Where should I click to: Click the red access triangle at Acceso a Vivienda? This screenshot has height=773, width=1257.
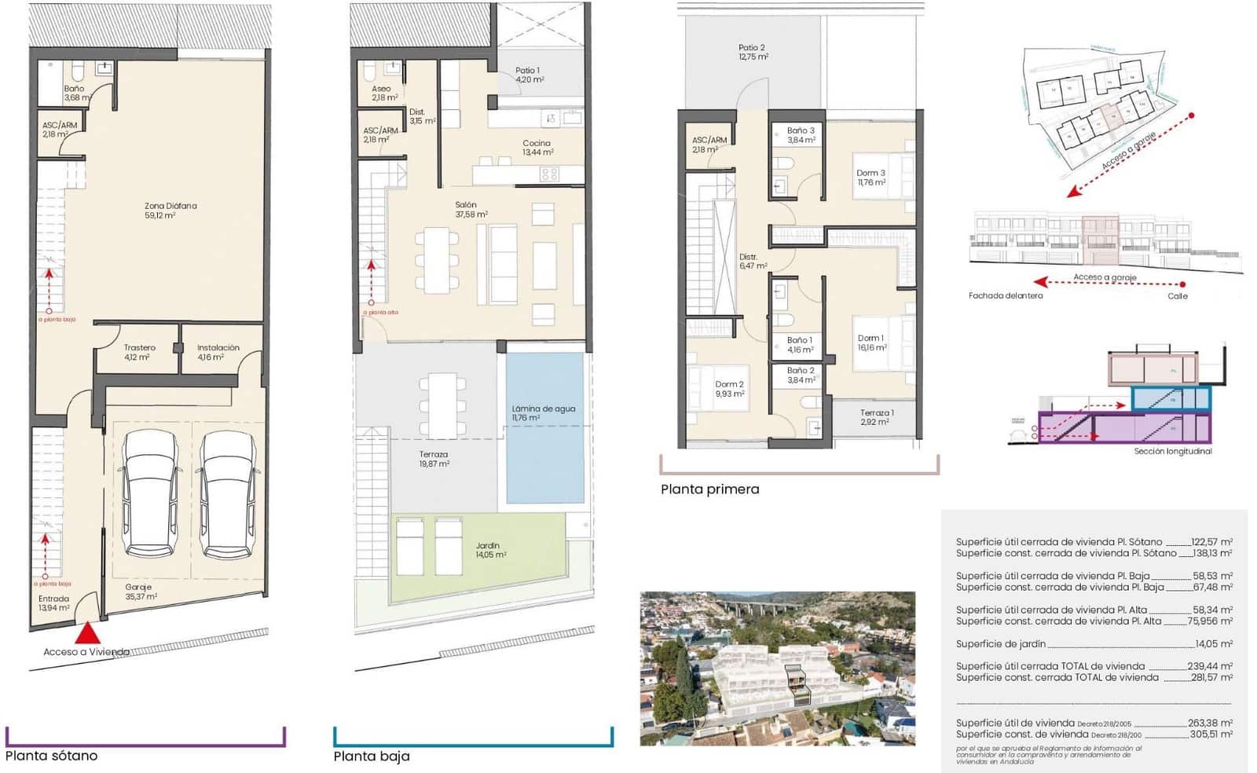click(88, 634)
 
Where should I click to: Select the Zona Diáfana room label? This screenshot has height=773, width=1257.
click(170, 210)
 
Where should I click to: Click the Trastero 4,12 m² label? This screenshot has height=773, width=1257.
click(139, 352)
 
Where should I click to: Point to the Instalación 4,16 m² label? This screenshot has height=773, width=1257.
click(218, 352)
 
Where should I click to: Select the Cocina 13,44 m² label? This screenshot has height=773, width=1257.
click(537, 148)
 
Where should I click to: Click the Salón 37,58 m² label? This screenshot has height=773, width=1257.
click(471, 210)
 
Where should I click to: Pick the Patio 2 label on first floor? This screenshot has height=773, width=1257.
click(752, 52)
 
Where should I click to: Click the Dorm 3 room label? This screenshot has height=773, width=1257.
click(870, 178)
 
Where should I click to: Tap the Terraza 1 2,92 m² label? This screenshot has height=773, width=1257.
click(876, 417)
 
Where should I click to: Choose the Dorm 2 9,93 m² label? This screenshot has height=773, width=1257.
click(729, 389)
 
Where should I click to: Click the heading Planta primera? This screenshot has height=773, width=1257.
click(709, 489)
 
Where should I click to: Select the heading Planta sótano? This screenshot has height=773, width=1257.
click(52, 756)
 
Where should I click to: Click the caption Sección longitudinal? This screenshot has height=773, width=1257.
click(1172, 452)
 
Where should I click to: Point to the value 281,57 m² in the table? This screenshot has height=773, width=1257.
click(1210, 677)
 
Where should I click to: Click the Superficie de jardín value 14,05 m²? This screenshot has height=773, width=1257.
click(1213, 643)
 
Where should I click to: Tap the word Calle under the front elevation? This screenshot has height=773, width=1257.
click(1177, 296)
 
